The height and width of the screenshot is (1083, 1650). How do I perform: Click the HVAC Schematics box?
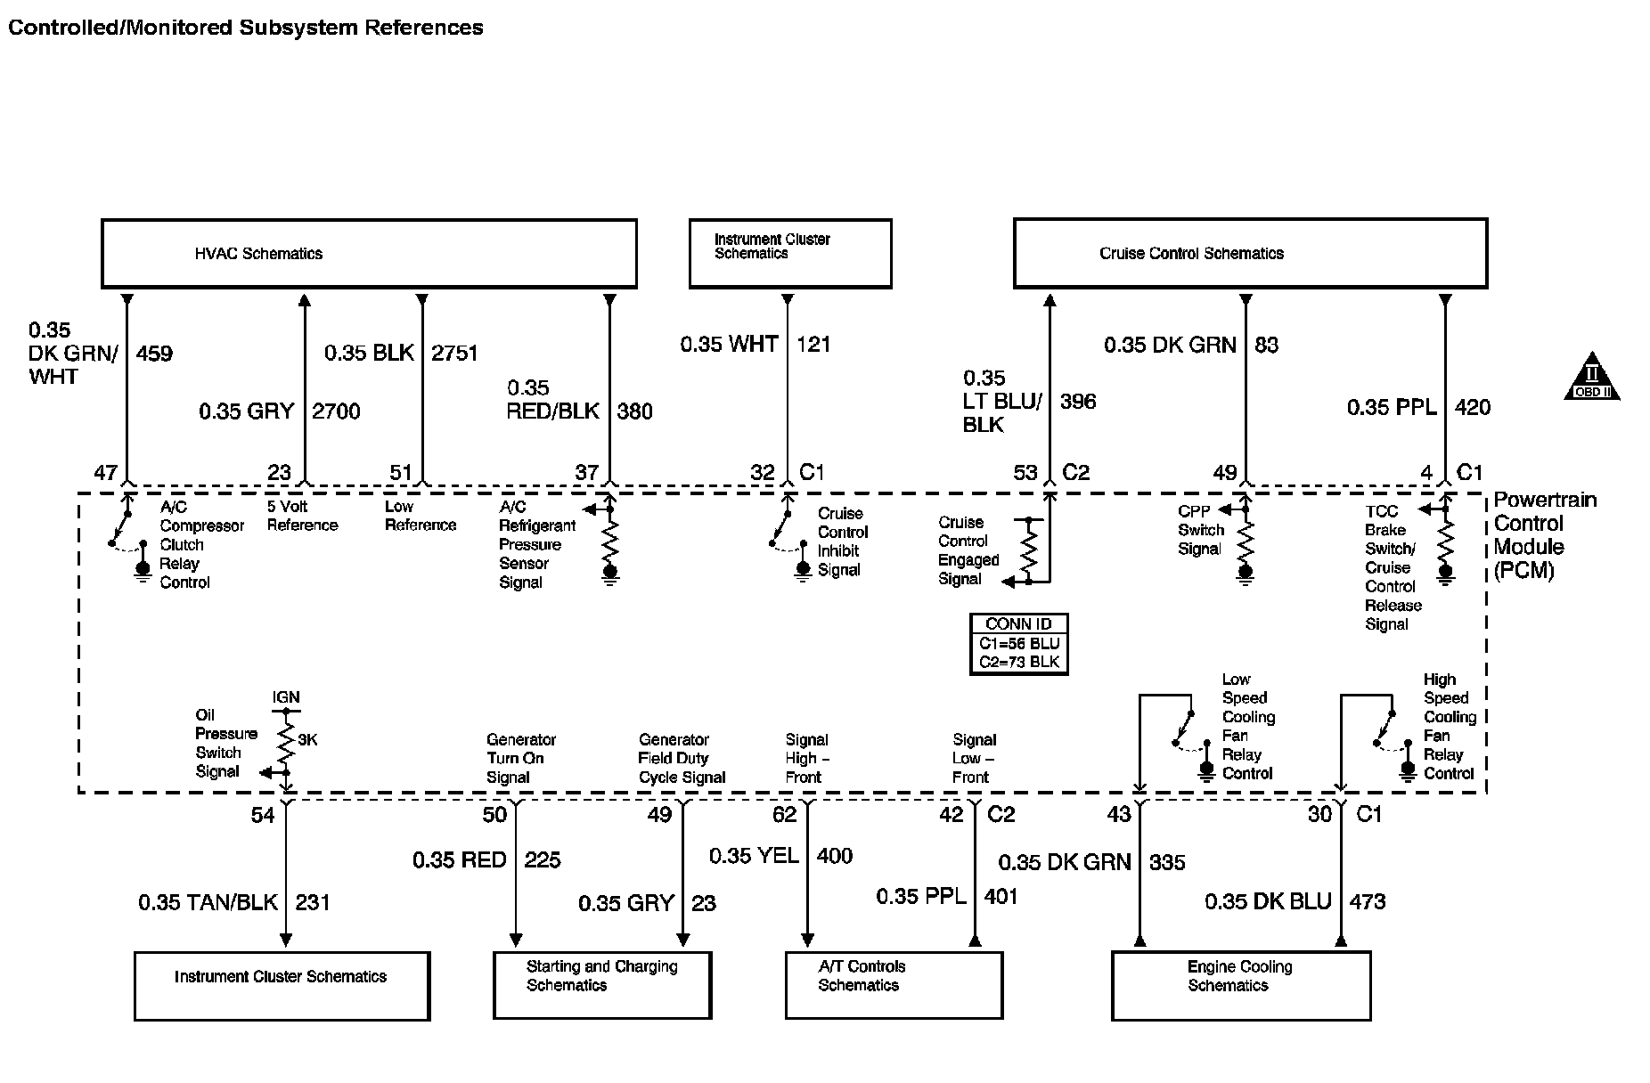[x=369, y=254]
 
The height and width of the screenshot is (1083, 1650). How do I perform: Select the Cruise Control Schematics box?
[x=1250, y=254]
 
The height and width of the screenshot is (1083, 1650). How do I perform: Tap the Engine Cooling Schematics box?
[x=1240, y=985]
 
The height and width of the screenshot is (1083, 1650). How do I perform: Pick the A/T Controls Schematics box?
[x=894, y=985]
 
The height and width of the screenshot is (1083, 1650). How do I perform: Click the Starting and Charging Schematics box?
[x=602, y=985]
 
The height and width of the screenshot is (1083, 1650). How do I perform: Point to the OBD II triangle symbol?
[x=1591, y=379]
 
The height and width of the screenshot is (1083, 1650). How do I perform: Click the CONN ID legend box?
[x=1018, y=644]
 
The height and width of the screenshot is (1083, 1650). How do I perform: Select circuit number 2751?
[x=454, y=354]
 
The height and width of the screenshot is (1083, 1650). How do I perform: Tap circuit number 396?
[x=1078, y=402]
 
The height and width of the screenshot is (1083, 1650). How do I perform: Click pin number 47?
[x=105, y=473]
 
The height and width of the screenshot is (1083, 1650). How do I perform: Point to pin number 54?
[x=262, y=815]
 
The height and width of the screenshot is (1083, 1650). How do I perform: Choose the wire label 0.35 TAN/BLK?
[x=208, y=903]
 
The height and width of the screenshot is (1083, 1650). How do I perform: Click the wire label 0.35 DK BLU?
[x=1268, y=902]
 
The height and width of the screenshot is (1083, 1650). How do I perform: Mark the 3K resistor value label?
[x=306, y=740]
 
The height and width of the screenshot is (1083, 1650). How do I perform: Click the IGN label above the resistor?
[x=286, y=697]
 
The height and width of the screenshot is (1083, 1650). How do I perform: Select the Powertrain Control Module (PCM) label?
[x=1545, y=535]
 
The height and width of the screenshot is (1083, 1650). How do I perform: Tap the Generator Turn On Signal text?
[x=520, y=759]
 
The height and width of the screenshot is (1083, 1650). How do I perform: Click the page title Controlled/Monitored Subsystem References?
[x=246, y=28]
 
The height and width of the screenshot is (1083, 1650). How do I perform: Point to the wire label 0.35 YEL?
[x=754, y=856]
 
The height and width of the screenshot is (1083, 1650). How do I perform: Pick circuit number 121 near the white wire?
[x=813, y=345]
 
